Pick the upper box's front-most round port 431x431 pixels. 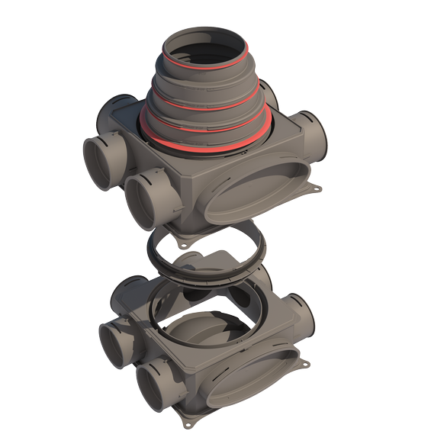click(x=153, y=201)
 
